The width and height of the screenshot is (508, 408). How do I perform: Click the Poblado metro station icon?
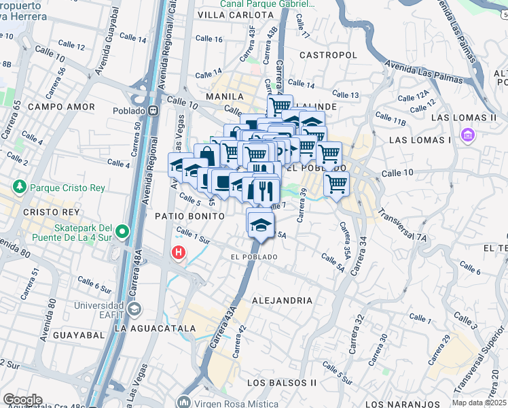click(x=154, y=111)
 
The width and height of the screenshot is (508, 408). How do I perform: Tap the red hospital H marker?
click(x=179, y=252)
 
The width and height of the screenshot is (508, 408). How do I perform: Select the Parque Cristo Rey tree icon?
click(x=19, y=186)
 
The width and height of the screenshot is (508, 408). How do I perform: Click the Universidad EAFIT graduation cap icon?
click(x=134, y=309)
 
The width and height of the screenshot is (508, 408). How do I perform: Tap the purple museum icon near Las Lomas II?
click(x=467, y=135)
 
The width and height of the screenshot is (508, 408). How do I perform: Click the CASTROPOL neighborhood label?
click(x=327, y=54)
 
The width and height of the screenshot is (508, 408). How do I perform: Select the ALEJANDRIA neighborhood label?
click(x=282, y=300)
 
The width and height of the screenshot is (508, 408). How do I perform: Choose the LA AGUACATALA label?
click(x=155, y=328)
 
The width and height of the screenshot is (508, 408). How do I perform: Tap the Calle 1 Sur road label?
click(x=193, y=237)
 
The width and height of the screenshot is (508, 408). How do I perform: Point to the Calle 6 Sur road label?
click(x=94, y=284)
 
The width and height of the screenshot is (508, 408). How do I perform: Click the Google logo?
click(x=22, y=400)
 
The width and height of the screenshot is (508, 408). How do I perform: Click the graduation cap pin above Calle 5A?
click(x=260, y=224)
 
